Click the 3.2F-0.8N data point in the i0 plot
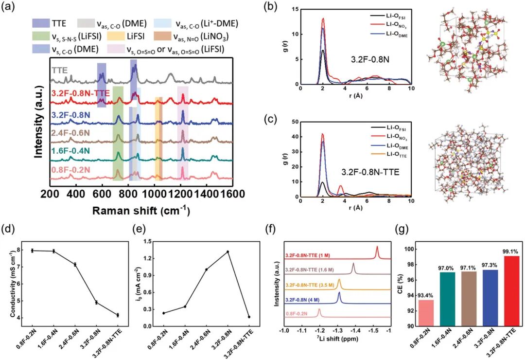coord(227,252)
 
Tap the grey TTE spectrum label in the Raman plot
coord(60,70)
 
